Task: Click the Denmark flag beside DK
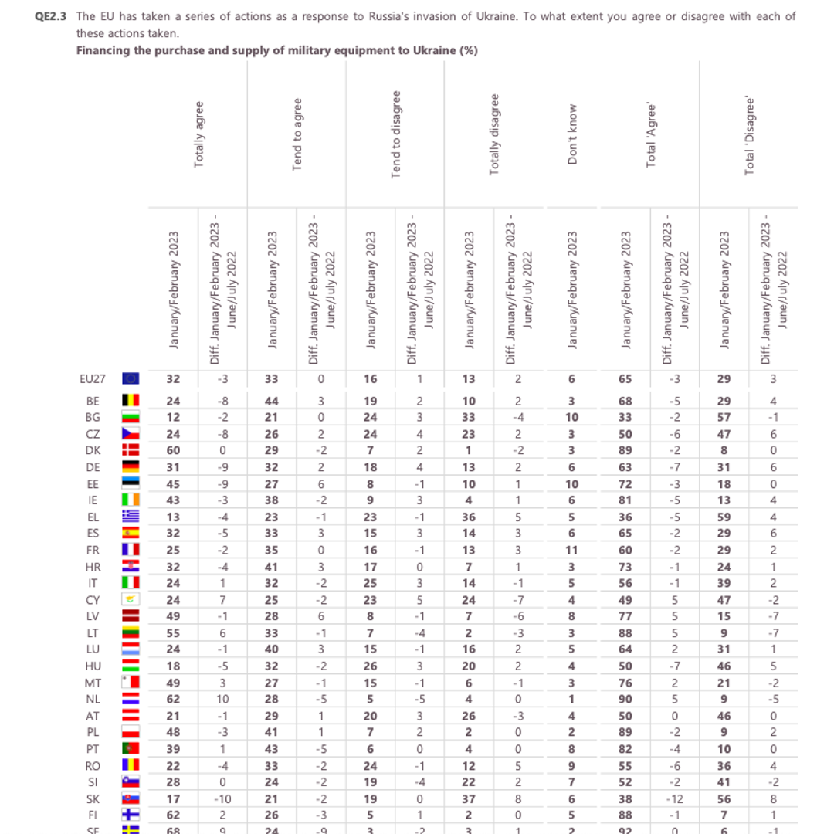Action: click(x=131, y=449)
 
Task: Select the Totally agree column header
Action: click(x=199, y=134)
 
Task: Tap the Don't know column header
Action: click(x=572, y=134)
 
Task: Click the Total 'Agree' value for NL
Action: click(x=625, y=699)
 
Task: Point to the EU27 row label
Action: click(x=93, y=378)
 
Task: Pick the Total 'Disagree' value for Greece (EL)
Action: click(x=724, y=516)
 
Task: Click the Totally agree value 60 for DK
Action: click(x=174, y=449)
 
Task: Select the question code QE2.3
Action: click(x=53, y=16)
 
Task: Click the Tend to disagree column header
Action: click(x=396, y=134)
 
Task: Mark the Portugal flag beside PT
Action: click(x=131, y=749)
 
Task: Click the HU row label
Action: click(x=93, y=666)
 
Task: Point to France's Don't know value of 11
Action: click(x=571, y=550)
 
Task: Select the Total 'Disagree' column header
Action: click(x=748, y=134)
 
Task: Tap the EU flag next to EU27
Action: click(x=131, y=378)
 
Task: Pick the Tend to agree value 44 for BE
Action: click(x=272, y=400)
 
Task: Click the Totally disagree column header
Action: click(x=495, y=134)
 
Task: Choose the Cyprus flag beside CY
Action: click(x=131, y=599)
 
